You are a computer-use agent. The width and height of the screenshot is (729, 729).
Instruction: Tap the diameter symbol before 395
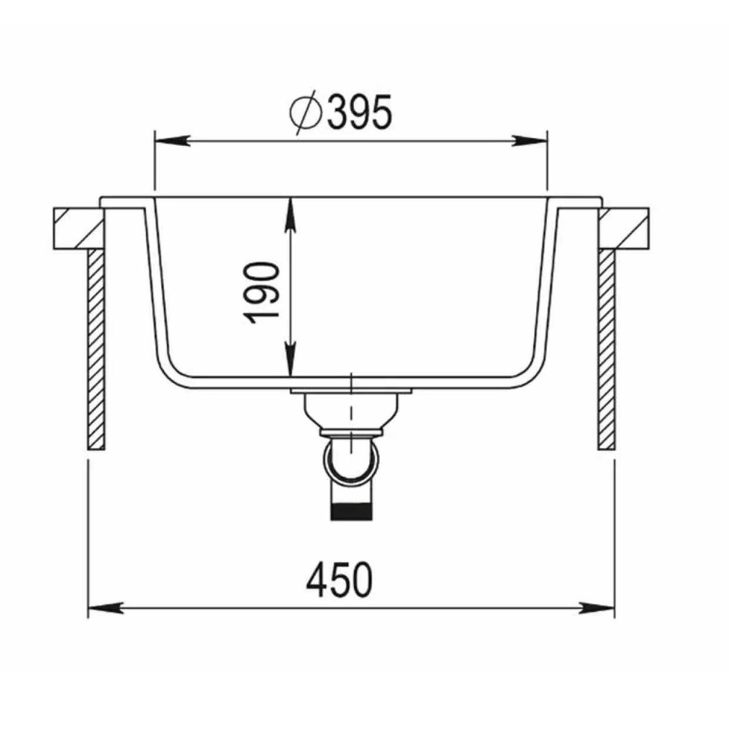point(306,112)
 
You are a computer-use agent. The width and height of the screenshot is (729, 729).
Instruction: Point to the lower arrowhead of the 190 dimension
point(290,359)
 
